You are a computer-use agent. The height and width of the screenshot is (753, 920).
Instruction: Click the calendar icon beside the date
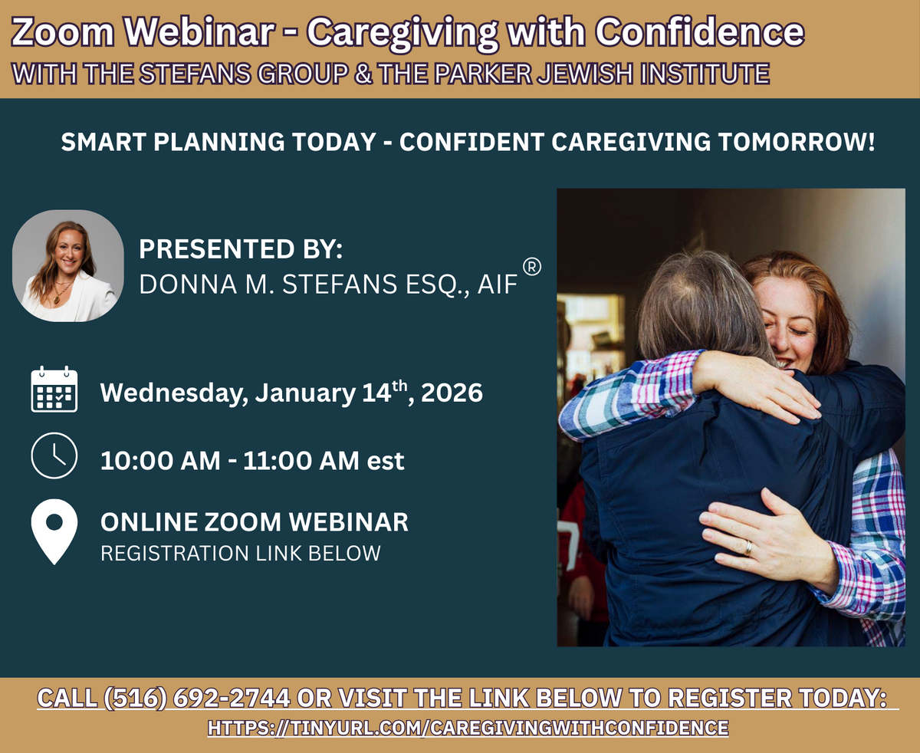pyautogui.click(x=54, y=389)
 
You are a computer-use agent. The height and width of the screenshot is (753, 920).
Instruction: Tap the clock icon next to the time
pyautogui.click(x=54, y=455)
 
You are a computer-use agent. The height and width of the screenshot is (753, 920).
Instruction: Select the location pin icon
pyautogui.click(x=54, y=532)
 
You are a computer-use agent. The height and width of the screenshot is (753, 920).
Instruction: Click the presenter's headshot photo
pyautogui.click(x=67, y=265)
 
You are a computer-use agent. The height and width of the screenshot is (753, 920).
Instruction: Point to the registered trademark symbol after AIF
pyautogui.click(x=532, y=267)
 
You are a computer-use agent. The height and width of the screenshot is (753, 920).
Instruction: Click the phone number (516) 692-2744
pyautogui.click(x=197, y=698)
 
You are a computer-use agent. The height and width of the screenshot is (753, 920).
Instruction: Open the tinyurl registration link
pyautogui.click(x=468, y=728)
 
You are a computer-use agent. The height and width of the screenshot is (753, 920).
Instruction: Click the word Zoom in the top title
pyautogui.click(x=63, y=32)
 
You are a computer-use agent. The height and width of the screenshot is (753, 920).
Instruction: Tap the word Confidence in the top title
pyautogui.click(x=700, y=32)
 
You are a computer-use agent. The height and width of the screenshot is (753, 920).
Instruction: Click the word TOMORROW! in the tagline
pyautogui.click(x=797, y=142)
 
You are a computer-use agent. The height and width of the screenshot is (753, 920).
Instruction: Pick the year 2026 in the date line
pyautogui.click(x=452, y=393)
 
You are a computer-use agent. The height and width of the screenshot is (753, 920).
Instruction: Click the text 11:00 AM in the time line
pyautogui.click(x=301, y=461)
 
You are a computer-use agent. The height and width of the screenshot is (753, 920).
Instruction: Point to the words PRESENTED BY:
pyautogui.click(x=241, y=249)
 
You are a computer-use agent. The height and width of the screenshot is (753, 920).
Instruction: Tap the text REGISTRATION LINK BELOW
pyautogui.click(x=241, y=553)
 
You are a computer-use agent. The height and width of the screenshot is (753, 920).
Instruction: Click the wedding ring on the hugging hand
pyautogui.click(x=748, y=548)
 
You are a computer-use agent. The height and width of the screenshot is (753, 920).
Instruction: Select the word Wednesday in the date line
pyautogui.click(x=174, y=393)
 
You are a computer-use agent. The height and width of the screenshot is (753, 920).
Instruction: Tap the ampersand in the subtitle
pyautogui.click(x=363, y=74)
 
